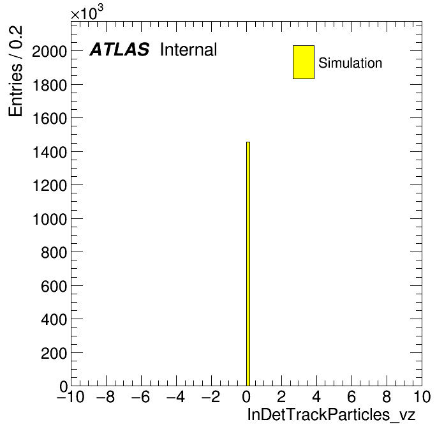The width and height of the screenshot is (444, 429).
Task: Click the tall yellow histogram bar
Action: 248,264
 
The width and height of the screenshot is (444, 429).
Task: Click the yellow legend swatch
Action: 304,62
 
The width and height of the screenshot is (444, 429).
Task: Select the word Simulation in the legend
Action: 350,63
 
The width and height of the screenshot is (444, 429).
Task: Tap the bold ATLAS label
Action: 119,49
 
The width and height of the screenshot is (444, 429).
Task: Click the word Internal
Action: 189,49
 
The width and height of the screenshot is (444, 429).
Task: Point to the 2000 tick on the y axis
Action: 50,52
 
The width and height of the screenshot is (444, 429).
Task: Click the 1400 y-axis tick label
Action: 50,152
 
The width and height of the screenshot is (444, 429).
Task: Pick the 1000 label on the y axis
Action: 50,219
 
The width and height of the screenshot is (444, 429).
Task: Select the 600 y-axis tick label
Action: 54,286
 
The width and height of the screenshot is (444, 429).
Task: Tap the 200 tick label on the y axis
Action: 54,353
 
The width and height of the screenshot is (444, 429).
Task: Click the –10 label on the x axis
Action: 71,396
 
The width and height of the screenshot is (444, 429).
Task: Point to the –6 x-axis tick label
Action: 141,396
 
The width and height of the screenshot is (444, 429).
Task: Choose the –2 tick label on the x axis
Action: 211,396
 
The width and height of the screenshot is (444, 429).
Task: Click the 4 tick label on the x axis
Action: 316,396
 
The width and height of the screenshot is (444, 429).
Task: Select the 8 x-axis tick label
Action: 387,396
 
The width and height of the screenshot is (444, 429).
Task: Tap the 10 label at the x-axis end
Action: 422,396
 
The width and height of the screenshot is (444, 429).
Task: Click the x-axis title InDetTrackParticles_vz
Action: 331,415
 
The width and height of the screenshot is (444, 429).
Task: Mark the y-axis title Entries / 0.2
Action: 15,71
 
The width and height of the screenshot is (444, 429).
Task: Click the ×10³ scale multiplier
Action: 87,13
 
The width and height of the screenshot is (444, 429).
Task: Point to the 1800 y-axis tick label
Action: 50,85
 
